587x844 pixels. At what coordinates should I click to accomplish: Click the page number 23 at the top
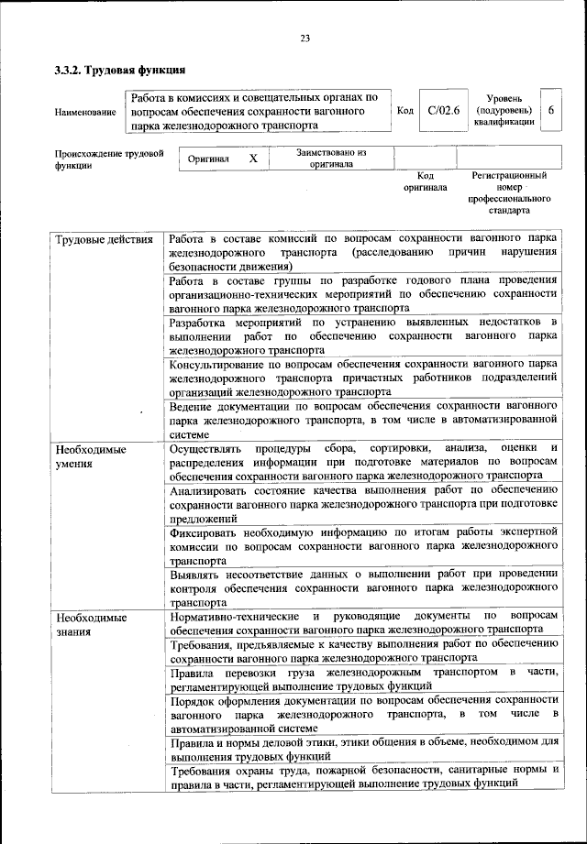tap(305, 38)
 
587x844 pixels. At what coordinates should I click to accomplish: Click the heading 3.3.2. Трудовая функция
tap(119, 69)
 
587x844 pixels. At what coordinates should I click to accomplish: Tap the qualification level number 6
tap(550, 110)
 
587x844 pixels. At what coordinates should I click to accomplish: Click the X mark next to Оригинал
tap(253, 159)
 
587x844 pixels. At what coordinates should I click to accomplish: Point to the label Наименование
tap(85, 112)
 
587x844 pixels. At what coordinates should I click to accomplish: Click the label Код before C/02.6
tap(404, 110)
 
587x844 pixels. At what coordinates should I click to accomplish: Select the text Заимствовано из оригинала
tap(331, 159)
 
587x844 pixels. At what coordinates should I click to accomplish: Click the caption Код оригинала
tap(426, 181)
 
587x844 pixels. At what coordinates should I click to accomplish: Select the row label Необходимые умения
tap(91, 457)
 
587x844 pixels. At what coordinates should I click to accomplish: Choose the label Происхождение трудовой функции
tap(109, 159)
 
